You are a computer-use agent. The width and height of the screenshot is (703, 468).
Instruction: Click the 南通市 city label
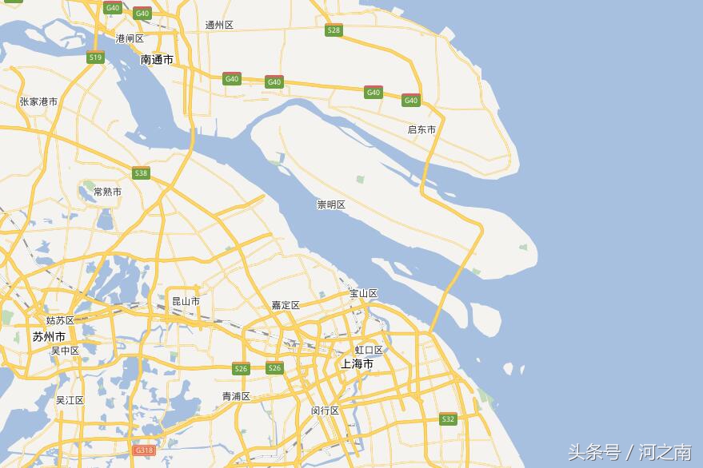(x=157, y=60)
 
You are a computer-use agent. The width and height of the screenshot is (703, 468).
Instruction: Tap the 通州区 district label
(x=219, y=25)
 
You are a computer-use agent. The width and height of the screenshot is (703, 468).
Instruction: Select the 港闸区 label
(x=130, y=38)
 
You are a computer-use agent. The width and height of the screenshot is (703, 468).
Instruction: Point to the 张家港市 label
(x=38, y=101)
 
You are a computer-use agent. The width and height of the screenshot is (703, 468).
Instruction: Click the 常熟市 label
(x=107, y=192)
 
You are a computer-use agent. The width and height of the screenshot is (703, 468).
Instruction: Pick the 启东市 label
(x=421, y=129)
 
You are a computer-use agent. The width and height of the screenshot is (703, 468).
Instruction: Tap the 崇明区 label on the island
(x=331, y=204)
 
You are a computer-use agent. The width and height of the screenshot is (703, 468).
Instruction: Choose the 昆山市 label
(x=186, y=301)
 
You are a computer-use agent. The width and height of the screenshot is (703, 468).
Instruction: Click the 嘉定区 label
(x=286, y=305)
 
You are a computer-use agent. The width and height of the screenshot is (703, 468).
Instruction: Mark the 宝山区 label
(x=363, y=293)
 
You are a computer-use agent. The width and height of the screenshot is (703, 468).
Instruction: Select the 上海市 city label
(x=357, y=363)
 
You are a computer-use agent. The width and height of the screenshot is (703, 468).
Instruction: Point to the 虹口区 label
(x=369, y=350)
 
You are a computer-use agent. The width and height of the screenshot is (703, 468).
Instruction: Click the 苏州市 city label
(x=49, y=336)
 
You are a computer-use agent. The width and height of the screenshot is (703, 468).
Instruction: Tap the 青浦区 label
(x=236, y=396)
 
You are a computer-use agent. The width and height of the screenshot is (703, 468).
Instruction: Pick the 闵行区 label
(x=326, y=410)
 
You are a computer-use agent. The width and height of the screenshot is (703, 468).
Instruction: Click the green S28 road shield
(x=334, y=30)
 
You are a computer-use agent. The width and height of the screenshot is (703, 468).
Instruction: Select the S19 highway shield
(x=95, y=58)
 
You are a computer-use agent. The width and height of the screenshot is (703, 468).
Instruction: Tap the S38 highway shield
(x=141, y=173)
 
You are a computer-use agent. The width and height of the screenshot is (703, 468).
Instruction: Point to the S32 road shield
(x=447, y=418)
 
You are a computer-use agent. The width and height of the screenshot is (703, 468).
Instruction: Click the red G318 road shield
(x=144, y=450)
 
